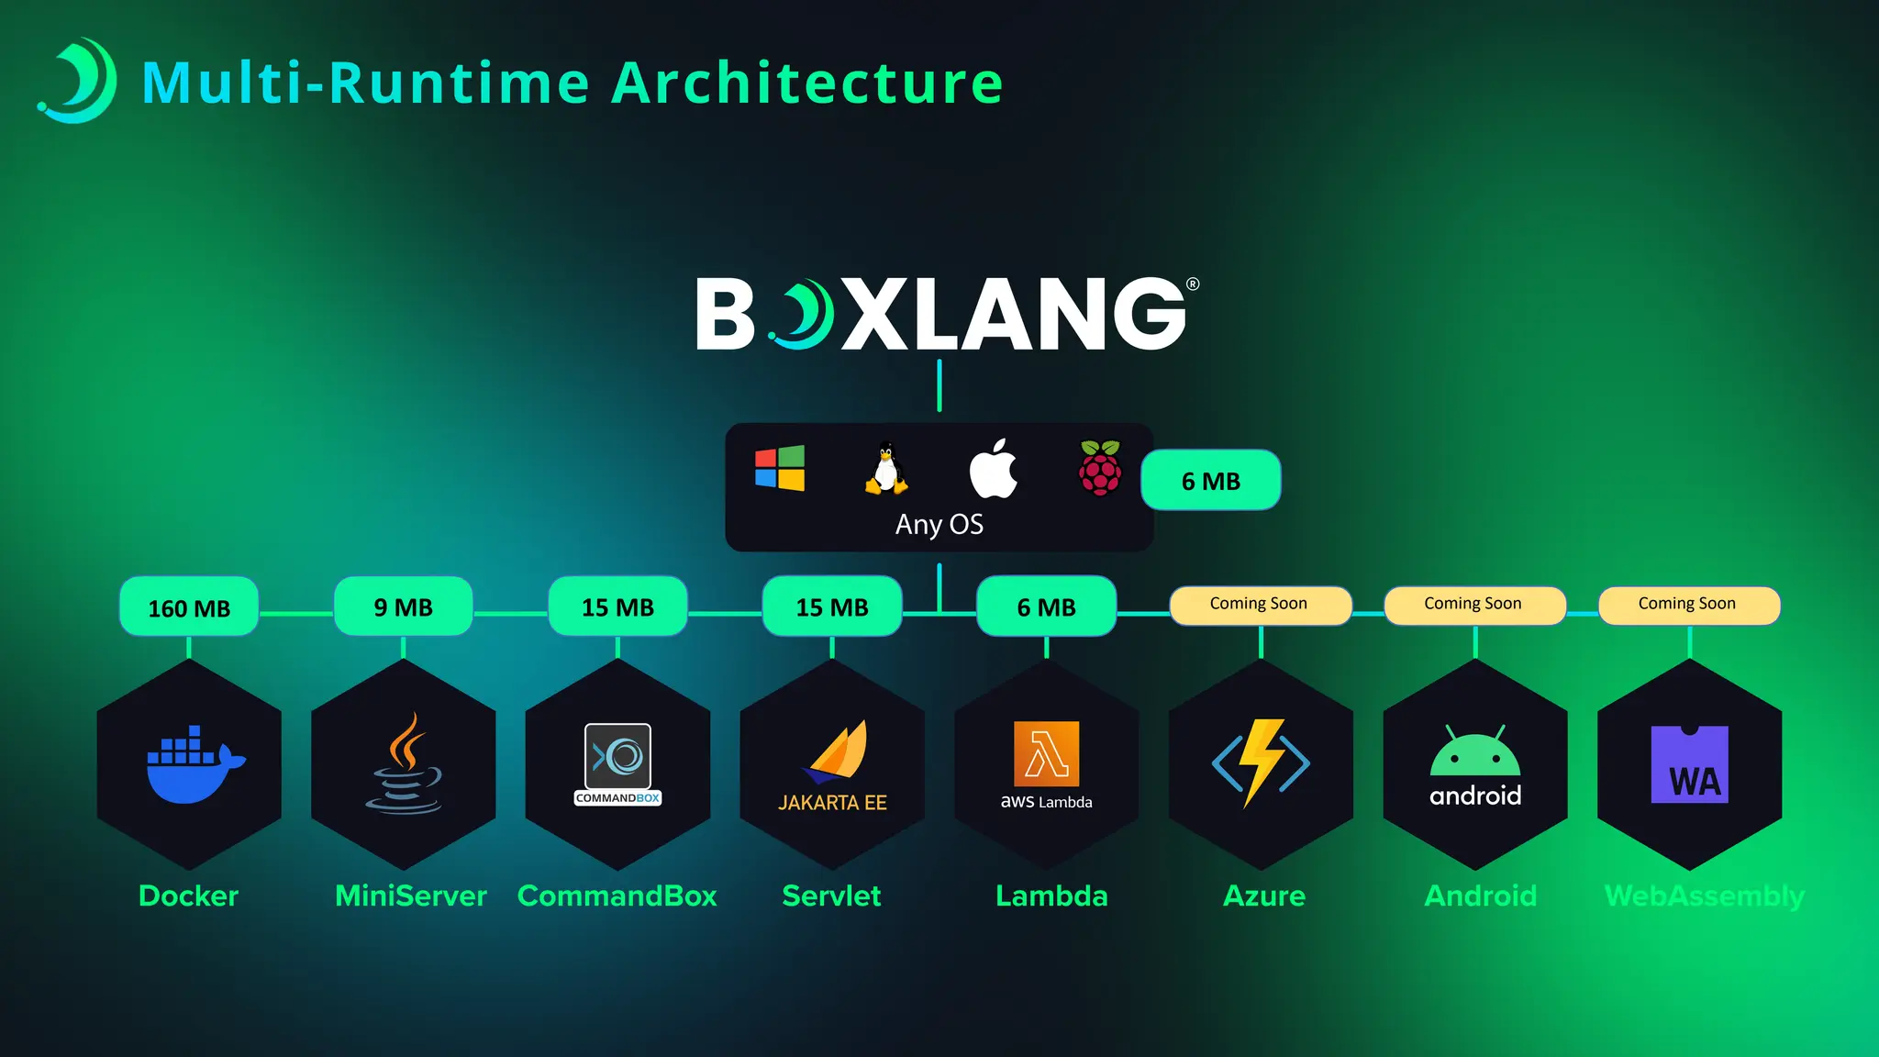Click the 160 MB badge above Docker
point(189,607)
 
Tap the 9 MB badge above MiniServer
point(403,606)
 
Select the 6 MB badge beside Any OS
point(1210,481)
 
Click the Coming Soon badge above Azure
point(1259,605)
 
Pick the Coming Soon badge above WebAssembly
point(1688,605)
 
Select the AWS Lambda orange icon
point(1046,753)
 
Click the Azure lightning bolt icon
point(1261,762)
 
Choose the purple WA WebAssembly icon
point(1689,764)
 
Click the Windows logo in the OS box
point(780,468)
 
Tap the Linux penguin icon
point(885,469)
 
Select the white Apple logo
point(994,469)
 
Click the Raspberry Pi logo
point(1100,468)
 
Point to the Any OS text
point(939,525)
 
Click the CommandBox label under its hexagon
point(617,896)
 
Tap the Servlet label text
point(831,896)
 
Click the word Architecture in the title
point(806,83)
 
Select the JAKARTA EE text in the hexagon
point(832,803)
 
